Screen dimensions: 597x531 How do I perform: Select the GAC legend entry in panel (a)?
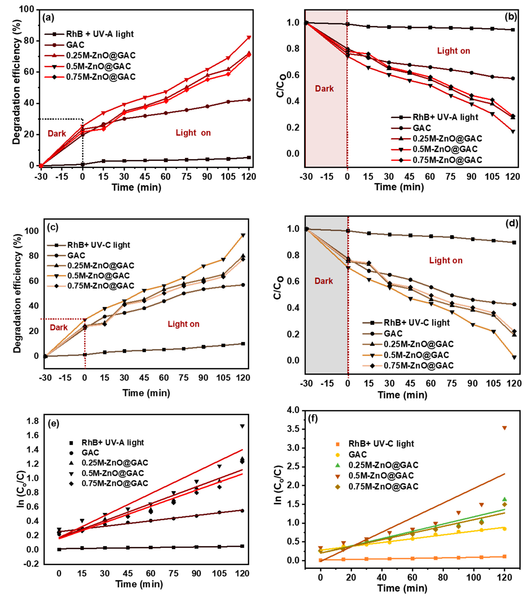(x=75, y=45)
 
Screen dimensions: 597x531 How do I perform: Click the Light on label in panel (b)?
(x=453, y=51)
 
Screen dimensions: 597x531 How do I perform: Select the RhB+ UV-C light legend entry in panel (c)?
(x=98, y=245)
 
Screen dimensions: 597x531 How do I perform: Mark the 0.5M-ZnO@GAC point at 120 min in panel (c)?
(x=243, y=235)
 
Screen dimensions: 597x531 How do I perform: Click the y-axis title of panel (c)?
(x=18, y=294)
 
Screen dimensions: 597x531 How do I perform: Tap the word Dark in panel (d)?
(x=323, y=281)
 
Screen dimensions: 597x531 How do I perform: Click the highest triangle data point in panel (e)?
(x=242, y=426)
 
